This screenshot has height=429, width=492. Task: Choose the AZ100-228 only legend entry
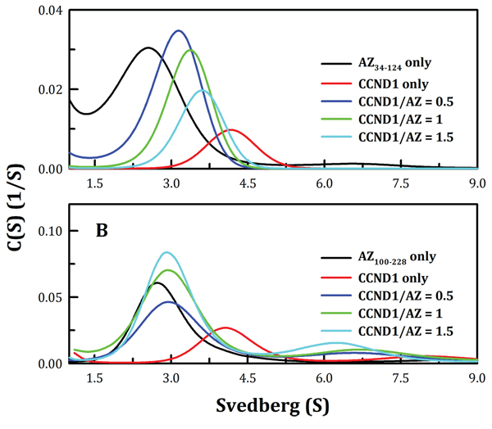click(389, 258)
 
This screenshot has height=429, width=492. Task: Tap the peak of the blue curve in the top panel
click(178, 30)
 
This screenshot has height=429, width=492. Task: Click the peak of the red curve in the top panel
click(231, 129)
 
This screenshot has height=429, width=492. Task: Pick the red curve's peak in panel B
click(225, 327)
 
